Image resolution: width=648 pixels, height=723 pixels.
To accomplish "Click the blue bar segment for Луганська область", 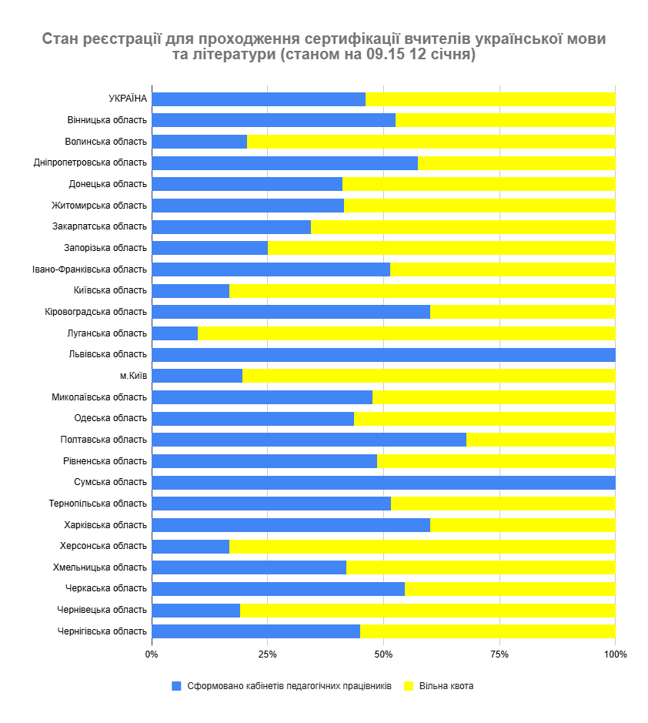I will tap(175, 333).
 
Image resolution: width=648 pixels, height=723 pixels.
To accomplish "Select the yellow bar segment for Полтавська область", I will tap(540, 440).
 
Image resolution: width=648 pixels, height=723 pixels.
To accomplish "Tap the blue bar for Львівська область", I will tap(383, 355).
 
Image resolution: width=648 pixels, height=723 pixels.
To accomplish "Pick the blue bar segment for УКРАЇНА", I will tap(259, 99).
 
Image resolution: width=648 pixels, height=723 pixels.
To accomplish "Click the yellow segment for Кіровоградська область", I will tap(523, 312).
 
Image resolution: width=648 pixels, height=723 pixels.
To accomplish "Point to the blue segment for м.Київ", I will tap(197, 376).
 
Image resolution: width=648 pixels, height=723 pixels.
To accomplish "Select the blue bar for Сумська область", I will tap(383, 483).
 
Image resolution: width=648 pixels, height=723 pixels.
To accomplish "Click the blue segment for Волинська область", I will tap(199, 142).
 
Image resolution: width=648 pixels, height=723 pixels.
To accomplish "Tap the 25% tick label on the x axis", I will tap(267, 654).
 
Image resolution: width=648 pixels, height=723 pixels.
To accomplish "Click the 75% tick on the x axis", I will tap(499, 654).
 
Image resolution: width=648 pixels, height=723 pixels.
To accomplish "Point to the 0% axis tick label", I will tap(152, 654).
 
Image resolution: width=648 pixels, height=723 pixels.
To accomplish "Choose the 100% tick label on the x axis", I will tap(616, 654).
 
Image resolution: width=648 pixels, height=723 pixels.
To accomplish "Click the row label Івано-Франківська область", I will tap(89, 269).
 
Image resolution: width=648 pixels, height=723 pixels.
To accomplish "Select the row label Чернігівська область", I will tap(102, 631).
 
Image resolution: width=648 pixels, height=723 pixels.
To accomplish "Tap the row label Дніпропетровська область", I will tap(90, 162).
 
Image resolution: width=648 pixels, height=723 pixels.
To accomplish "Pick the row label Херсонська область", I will tap(103, 546).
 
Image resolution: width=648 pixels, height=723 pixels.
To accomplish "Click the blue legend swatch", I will tap(176, 686).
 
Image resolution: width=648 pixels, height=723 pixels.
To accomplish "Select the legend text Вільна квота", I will tap(446, 686).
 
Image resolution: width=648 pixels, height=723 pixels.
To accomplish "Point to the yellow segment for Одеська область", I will tap(484, 419).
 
